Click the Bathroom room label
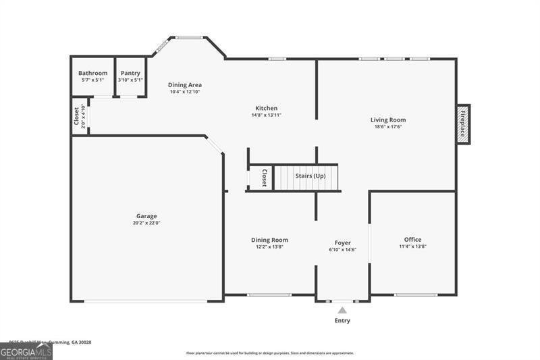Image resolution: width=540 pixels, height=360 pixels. pyautogui.click(x=92, y=73)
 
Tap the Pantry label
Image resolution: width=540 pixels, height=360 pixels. pyautogui.click(x=130, y=73)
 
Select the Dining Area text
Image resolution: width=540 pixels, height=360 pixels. pyautogui.click(x=185, y=85)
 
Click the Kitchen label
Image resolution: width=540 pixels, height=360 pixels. pyautogui.click(x=266, y=108)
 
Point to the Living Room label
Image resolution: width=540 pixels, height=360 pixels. pyautogui.click(x=388, y=120)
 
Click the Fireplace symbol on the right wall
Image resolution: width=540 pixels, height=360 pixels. pyautogui.click(x=463, y=124)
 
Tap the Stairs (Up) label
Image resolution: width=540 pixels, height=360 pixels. pyautogui.click(x=310, y=176)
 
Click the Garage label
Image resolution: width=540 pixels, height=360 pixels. pyautogui.click(x=146, y=216)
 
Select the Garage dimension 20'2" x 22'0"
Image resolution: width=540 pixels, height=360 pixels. pyautogui.click(x=146, y=223)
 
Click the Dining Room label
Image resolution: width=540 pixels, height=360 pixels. pyautogui.click(x=269, y=240)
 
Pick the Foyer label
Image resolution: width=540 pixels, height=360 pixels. pyautogui.click(x=342, y=242)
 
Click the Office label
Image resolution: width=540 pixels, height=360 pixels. pyautogui.click(x=412, y=240)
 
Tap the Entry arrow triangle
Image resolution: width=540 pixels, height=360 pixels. pyautogui.click(x=342, y=310)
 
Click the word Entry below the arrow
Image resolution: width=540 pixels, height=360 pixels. pyautogui.click(x=342, y=320)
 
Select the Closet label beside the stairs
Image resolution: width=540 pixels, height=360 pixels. pyautogui.click(x=265, y=178)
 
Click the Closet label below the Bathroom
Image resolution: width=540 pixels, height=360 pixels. pyautogui.click(x=76, y=116)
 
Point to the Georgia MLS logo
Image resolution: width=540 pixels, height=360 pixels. pyautogui.click(x=26, y=352)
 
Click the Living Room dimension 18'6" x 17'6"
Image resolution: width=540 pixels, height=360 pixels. pyautogui.click(x=388, y=127)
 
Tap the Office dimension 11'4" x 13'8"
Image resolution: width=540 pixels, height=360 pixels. pyautogui.click(x=412, y=247)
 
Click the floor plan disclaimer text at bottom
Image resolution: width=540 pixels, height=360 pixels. pyautogui.click(x=270, y=353)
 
